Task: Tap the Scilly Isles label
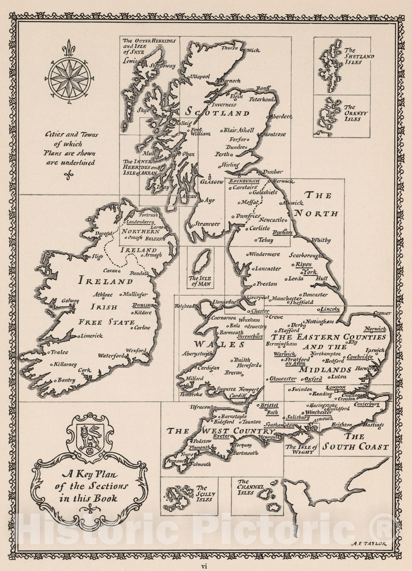click(x=206, y=494)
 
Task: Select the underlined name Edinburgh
click(x=244, y=181)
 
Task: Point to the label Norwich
click(x=375, y=329)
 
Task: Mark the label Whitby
click(x=321, y=240)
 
